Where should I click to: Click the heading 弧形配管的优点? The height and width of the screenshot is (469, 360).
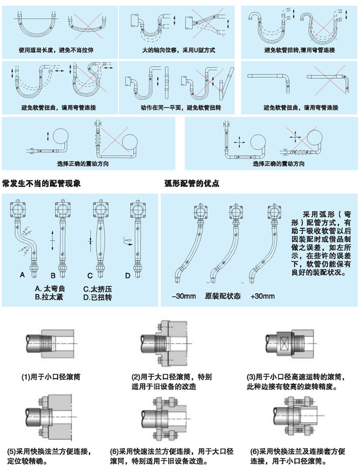(x=192, y=182)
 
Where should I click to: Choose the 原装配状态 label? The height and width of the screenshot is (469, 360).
(x=223, y=296)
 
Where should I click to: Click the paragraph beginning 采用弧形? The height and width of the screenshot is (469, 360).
(x=324, y=243)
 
